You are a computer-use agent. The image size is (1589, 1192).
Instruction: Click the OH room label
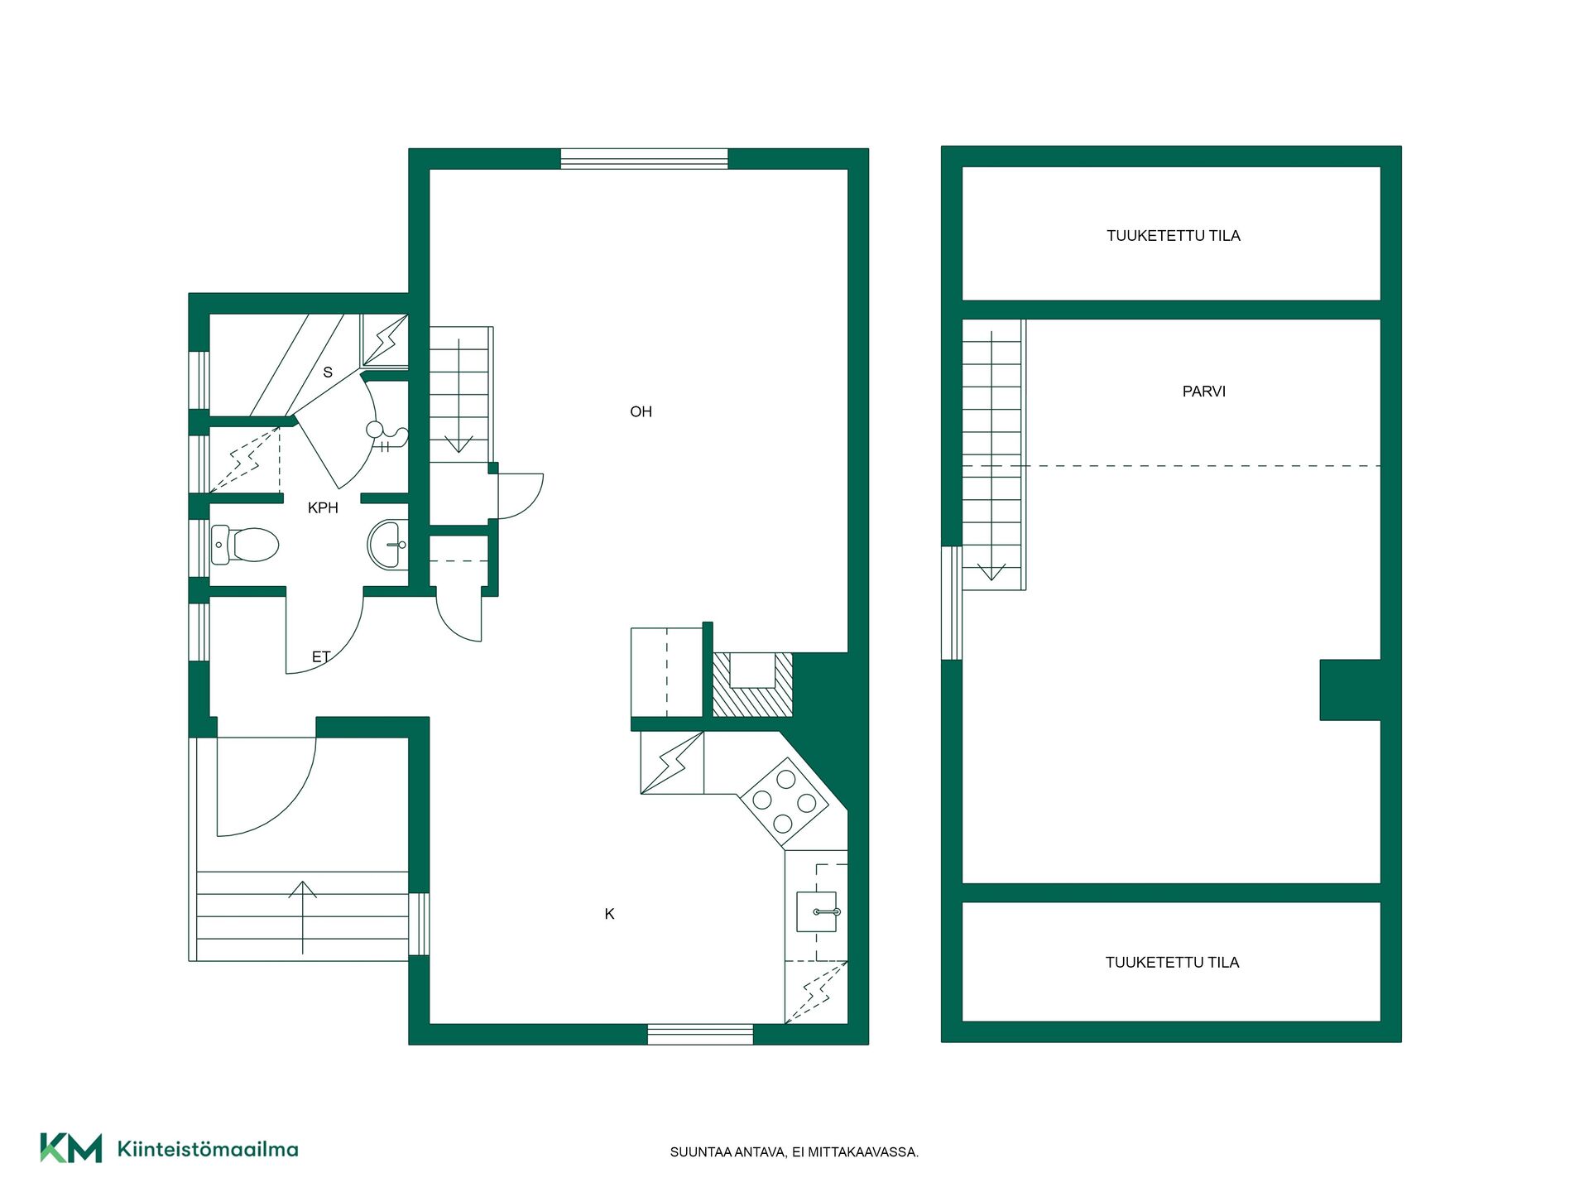pyautogui.click(x=641, y=411)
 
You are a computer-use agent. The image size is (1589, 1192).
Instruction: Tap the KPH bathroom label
pyautogui.click(x=323, y=508)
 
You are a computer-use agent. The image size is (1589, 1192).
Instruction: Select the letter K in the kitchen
pyautogui.click(x=610, y=914)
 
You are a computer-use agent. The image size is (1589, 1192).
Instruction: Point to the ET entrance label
pyautogui.click(x=321, y=656)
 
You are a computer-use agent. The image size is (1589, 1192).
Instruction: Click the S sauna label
pyautogui.click(x=328, y=372)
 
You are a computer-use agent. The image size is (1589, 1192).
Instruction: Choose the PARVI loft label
pyautogui.click(x=1204, y=392)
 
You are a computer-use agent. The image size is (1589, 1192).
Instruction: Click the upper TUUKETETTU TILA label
pyautogui.click(x=1174, y=236)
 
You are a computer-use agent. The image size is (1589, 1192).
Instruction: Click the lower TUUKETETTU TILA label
pyautogui.click(x=1173, y=963)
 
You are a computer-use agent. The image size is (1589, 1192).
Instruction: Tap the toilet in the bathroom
pyautogui.click(x=244, y=545)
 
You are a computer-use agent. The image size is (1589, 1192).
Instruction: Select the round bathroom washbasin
pyautogui.click(x=388, y=545)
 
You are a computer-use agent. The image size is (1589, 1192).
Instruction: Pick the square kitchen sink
pyautogui.click(x=817, y=911)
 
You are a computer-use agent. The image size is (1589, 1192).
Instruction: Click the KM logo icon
pyautogui.click(x=71, y=1148)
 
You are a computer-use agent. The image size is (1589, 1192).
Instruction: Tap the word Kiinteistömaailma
pyautogui.click(x=208, y=1149)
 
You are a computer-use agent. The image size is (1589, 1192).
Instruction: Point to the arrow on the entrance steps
pyautogui.click(x=303, y=917)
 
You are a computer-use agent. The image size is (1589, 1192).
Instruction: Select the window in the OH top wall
pyautogui.click(x=645, y=159)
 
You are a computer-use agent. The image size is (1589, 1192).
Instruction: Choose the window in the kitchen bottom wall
pyautogui.click(x=700, y=1034)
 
